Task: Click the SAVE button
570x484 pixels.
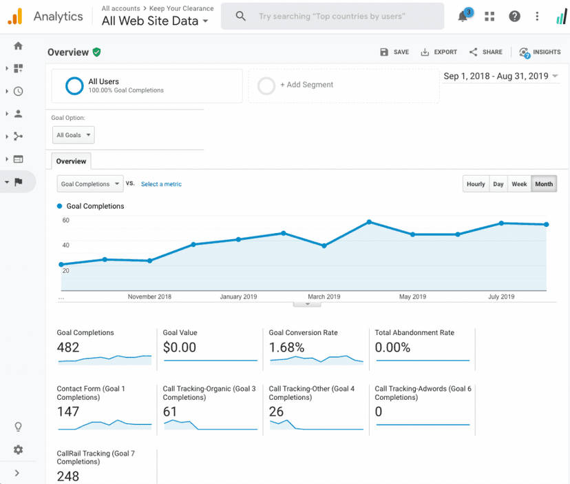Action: [x=394, y=52]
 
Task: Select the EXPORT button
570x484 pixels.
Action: [x=439, y=52]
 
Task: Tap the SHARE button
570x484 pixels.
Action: [x=485, y=52]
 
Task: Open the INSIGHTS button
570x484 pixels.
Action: [x=540, y=52]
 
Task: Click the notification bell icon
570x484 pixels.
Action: [x=463, y=17]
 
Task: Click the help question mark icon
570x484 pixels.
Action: [x=514, y=17]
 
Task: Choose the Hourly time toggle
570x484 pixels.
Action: [x=476, y=184]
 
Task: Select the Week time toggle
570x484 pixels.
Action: [x=519, y=184]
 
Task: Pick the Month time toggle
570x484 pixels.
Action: [x=544, y=184]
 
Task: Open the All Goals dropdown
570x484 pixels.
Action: [x=73, y=135]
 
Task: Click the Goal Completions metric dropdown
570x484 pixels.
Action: [x=89, y=184]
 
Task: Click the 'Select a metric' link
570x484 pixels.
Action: [x=161, y=184]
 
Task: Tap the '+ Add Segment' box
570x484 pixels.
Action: [x=343, y=85]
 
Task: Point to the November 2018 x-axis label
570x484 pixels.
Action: [x=149, y=297]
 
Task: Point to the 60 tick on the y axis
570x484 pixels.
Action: [x=65, y=221]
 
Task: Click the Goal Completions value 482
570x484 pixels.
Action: [x=68, y=347]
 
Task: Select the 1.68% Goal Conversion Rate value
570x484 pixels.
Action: [x=286, y=347]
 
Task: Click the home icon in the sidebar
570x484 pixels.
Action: [x=18, y=46]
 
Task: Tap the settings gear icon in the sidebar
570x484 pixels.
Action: [x=18, y=450]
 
